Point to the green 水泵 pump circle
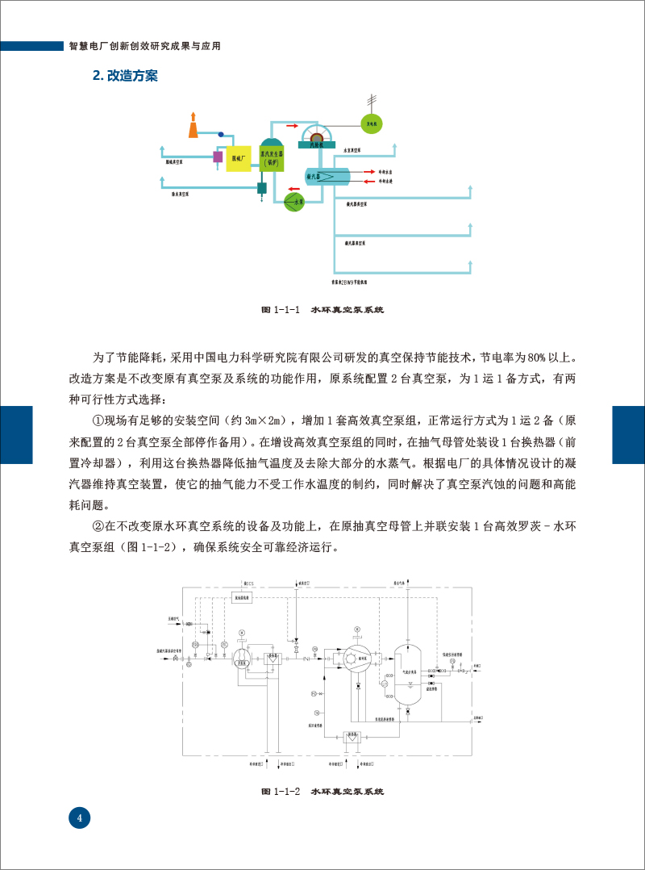coord(296,202)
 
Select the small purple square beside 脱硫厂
coord(217,157)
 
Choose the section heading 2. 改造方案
coord(125,76)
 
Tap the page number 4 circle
coord(79,818)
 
